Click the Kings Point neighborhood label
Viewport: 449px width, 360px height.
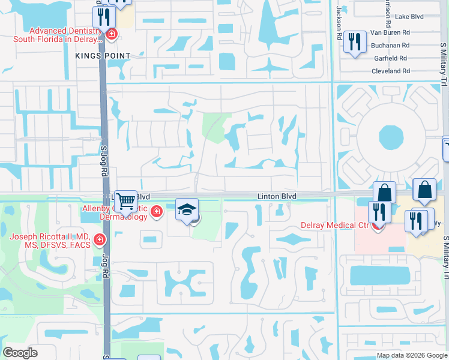coord(103,56)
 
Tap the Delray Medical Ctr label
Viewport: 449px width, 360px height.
coord(333,226)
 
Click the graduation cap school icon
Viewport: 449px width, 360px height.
coord(187,209)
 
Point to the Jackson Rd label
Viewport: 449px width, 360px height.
coord(339,23)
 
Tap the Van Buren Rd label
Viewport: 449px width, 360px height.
coord(390,32)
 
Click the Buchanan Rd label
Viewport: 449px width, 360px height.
coord(390,45)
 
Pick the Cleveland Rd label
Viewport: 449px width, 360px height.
coord(390,71)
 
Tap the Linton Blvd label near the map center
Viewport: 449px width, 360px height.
coord(277,196)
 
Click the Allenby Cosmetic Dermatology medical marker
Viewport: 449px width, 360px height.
coord(157,211)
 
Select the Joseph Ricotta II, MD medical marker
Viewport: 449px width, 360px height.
coord(99,241)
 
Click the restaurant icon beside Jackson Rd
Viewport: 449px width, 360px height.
coord(355,42)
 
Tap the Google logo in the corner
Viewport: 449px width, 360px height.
coord(20,353)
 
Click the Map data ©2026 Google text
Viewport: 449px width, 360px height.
coord(412,355)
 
